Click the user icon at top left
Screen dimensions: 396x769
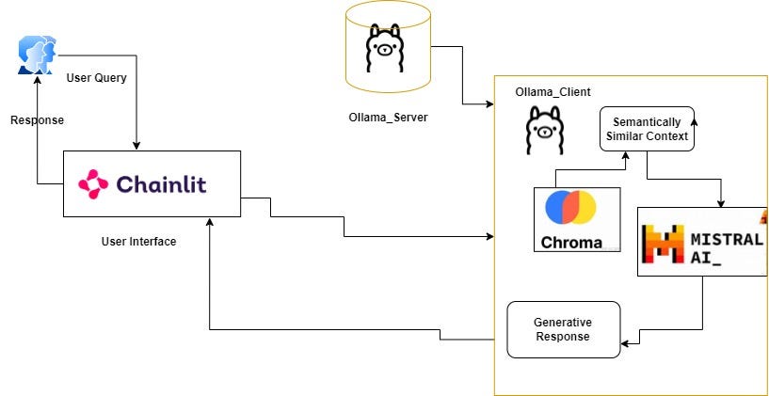(x=37, y=55)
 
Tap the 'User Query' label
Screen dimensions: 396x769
(x=96, y=77)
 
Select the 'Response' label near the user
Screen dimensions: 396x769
(x=37, y=120)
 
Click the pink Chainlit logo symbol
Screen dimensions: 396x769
(x=93, y=183)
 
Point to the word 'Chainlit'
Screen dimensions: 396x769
(x=161, y=183)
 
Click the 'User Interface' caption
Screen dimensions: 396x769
(x=138, y=242)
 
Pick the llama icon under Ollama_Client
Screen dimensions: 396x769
(x=544, y=130)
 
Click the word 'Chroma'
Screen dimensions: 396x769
(x=571, y=242)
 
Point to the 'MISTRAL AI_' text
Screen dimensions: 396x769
(x=727, y=247)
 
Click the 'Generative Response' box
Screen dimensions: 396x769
(x=563, y=329)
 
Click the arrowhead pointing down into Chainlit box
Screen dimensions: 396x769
(x=137, y=146)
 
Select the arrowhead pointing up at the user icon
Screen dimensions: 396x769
(x=37, y=80)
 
